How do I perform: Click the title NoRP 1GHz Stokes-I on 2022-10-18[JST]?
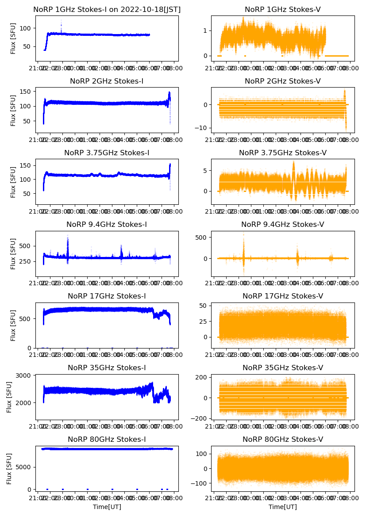(107, 9)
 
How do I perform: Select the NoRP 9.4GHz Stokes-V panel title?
(282, 225)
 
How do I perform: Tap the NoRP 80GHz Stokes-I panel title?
(107, 440)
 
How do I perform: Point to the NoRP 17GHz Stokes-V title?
(282, 296)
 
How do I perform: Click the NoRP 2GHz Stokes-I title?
(107, 81)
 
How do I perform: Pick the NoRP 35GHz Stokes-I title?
(107, 368)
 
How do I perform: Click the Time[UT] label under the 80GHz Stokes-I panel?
(107, 507)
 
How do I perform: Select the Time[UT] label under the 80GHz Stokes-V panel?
(282, 507)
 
